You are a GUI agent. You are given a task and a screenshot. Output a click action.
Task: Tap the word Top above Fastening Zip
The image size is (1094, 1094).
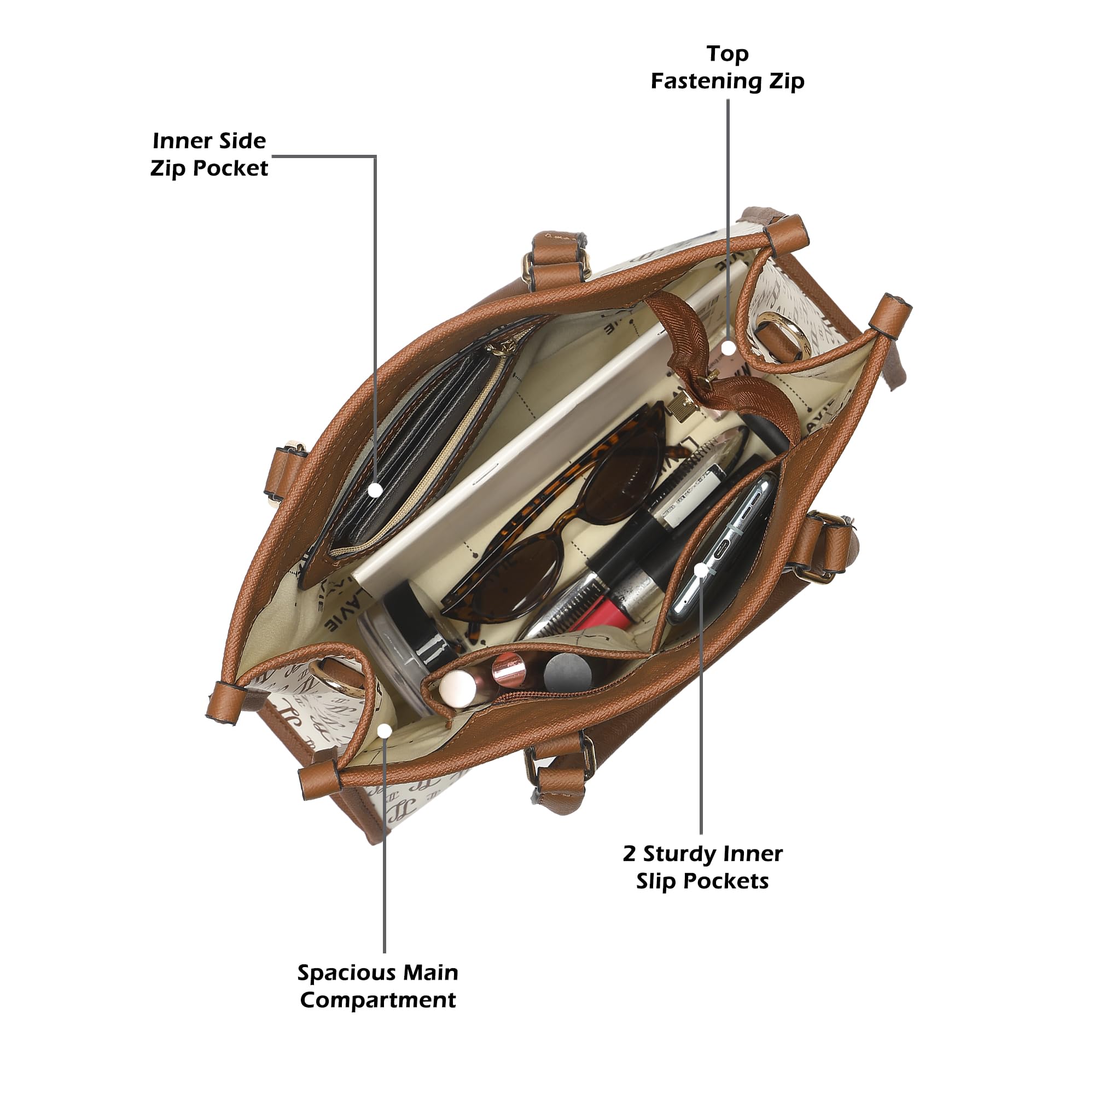point(728,54)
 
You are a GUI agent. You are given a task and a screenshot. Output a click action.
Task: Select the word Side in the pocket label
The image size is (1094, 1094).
point(243,141)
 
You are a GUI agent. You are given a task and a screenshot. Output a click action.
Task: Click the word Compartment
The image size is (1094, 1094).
point(377,1000)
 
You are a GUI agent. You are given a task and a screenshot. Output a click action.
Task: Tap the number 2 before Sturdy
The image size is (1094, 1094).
point(629,853)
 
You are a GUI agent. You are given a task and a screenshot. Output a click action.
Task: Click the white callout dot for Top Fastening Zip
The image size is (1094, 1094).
point(728,347)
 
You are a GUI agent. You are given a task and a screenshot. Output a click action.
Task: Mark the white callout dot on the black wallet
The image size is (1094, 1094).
point(375,490)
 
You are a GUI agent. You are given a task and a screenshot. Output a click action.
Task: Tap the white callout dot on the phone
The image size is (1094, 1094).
point(701,569)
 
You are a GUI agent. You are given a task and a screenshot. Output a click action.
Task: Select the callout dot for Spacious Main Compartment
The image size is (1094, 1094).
point(385,730)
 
